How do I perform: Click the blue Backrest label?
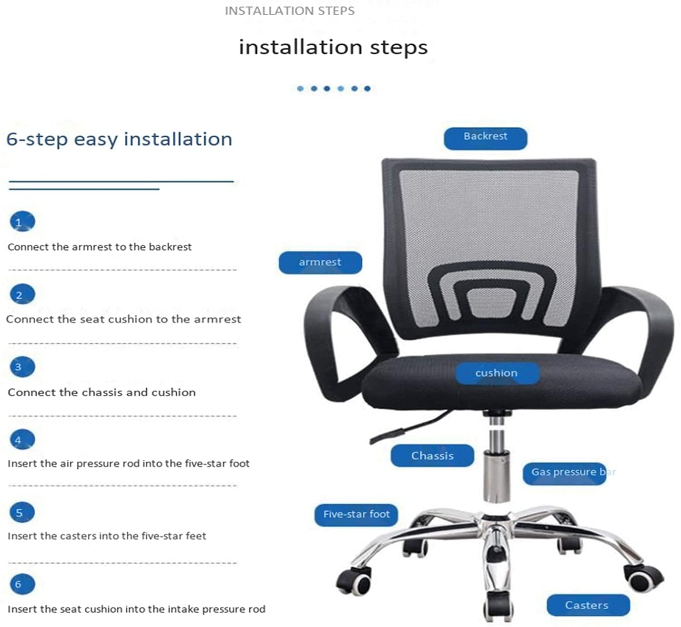pos(486,139)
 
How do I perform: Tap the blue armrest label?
pos(320,263)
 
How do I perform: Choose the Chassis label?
pos(432,455)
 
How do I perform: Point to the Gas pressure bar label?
pos(565,474)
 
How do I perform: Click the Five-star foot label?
pos(356,515)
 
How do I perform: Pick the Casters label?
pos(589,605)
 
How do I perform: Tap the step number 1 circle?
pos(22,222)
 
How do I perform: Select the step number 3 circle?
pos(22,367)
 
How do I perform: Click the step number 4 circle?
pos(22,440)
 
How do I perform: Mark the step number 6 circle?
pos(22,584)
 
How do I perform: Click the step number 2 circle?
pos(22,294)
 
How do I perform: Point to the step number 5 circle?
pos(22,512)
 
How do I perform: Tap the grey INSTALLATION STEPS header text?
pos(290,11)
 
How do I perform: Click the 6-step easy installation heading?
pos(119,139)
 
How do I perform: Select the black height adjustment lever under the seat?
pos(411,427)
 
